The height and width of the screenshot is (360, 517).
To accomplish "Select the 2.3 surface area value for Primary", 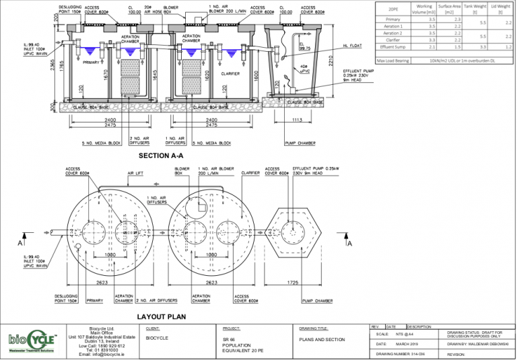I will pyautogui.click(x=458, y=20).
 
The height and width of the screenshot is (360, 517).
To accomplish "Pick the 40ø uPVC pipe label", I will pyautogui.click(x=305, y=67).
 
